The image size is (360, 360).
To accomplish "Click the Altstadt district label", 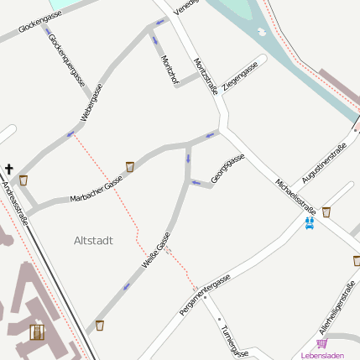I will (x=93, y=240).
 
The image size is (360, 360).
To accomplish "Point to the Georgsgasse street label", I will (x=227, y=168).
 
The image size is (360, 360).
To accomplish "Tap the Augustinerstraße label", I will (x=324, y=164).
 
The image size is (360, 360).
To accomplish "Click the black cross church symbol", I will (x=9, y=168).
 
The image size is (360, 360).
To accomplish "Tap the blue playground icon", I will (x=310, y=223).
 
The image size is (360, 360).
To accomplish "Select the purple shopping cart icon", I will (x=321, y=344).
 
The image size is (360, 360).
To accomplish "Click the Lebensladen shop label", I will (x=322, y=356).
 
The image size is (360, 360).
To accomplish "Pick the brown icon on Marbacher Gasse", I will (x=130, y=166).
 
